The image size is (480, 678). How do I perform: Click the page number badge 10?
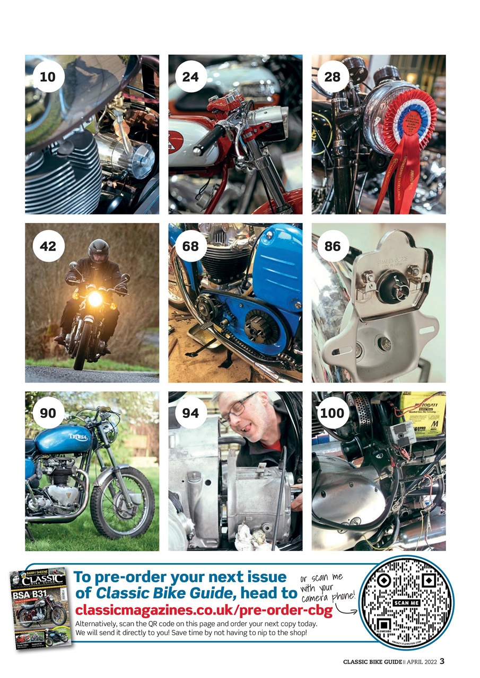coord(48,77)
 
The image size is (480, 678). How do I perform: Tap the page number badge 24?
coord(190,77)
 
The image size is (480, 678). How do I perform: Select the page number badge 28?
coord(333,77)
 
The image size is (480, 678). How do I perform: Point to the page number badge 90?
coord(48,413)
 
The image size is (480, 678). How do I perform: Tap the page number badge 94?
coord(190,413)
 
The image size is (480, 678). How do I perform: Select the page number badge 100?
coord(333,413)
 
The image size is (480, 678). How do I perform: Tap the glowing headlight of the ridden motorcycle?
coord(95,299)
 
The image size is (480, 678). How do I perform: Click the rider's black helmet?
coord(98,251)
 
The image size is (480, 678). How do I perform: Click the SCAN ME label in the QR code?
coord(407,603)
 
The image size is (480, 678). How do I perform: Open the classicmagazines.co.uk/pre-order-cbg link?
coord(204,611)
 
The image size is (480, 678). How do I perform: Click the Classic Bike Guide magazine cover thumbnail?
coord(40,606)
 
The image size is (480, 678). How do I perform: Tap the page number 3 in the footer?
coord(442,661)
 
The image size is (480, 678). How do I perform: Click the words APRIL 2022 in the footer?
coord(421,661)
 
